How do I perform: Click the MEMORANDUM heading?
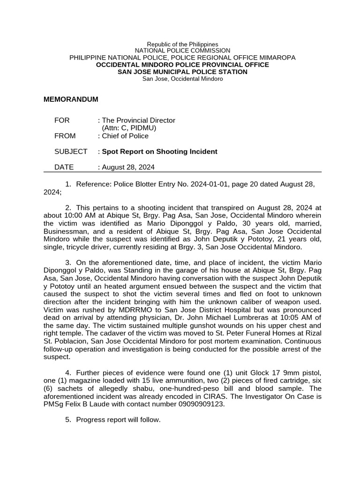point(71,99)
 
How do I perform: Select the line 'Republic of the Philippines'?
point(182,44)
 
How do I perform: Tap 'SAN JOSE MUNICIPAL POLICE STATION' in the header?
point(182,72)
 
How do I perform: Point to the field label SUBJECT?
point(71,151)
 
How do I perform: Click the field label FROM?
point(65,136)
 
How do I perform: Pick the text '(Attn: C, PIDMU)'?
point(129,128)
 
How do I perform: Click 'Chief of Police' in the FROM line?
point(125,136)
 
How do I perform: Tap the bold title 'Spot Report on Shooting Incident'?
point(160,151)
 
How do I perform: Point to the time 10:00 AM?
point(98,216)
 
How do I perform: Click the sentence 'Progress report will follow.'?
point(118,420)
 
